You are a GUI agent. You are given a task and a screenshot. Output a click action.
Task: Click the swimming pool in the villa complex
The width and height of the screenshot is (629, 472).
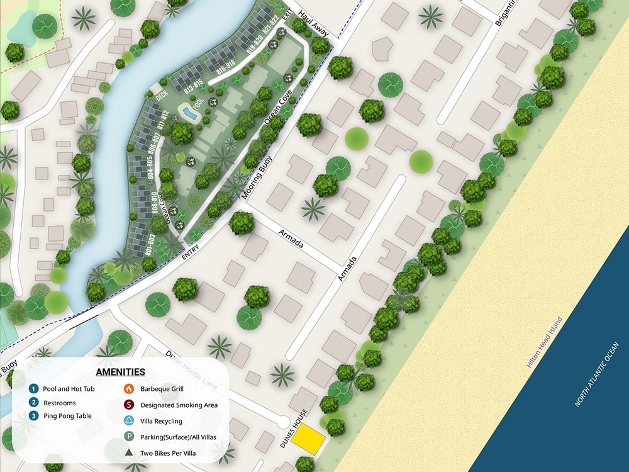pos(188,113)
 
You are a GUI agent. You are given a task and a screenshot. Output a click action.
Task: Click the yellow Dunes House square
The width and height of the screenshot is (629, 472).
pos(309,439)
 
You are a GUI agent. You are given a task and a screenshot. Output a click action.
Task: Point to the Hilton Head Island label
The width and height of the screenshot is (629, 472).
pos(545,342)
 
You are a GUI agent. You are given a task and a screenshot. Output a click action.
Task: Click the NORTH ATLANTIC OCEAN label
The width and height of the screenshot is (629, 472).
pos(597,374)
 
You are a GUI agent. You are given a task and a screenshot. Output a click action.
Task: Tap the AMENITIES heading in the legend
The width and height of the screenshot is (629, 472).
pos(121,372)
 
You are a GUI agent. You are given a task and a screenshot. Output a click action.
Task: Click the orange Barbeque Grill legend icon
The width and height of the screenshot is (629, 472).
pos(128,389)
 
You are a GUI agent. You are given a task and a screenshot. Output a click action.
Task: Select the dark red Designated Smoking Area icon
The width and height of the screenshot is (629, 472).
pos(128,405)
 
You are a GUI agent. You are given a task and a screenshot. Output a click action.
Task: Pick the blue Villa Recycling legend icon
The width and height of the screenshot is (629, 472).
pos(128,421)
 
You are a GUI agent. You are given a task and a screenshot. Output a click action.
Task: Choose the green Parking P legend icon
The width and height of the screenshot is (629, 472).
pos(128,437)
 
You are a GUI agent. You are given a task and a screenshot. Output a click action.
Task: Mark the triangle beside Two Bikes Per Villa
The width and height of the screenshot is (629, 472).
pos(128,452)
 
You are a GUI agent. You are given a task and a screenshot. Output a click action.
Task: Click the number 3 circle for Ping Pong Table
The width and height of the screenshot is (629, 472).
pos(33,415)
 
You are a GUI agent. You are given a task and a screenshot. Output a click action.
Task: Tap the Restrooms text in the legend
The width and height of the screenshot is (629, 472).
pos(59,403)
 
